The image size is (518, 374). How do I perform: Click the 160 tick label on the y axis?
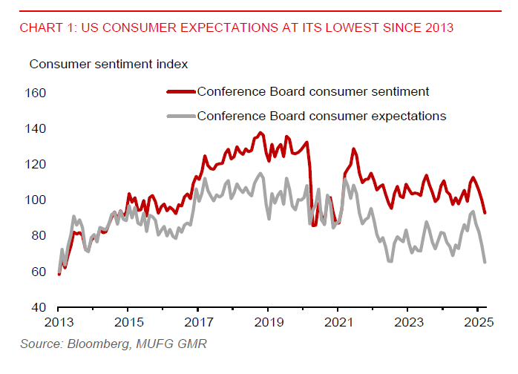click(36, 93)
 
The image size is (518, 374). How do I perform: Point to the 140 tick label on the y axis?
click(36, 128)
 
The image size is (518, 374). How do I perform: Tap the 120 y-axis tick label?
click(36, 164)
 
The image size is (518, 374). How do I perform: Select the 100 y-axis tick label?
click(36, 200)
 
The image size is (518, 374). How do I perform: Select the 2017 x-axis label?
click(197, 323)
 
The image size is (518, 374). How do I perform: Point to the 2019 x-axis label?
click(268, 323)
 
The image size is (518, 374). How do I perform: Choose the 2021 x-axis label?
click(338, 323)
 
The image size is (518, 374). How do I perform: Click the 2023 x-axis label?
click(408, 323)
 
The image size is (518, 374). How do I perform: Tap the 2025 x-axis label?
click(478, 323)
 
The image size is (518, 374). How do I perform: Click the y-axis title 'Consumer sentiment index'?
click(108, 64)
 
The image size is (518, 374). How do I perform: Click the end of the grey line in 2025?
click(485, 262)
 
